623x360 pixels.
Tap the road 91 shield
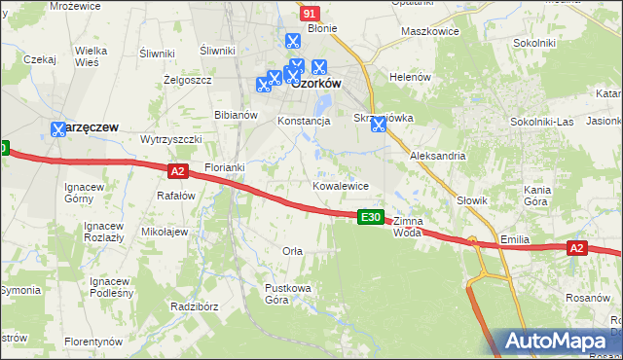tap(310, 14)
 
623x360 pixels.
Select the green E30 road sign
tap(370, 217)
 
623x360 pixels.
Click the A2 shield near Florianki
tap(176, 171)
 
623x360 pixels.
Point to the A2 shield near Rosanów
tap(576, 249)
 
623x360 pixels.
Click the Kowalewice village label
tap(340, 185)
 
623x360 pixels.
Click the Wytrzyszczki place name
tap(170, 139)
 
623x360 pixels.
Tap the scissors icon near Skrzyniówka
tap(379, 124)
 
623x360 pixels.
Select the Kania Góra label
tap(536, 195)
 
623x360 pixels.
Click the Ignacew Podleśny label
tap(110, 287)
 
